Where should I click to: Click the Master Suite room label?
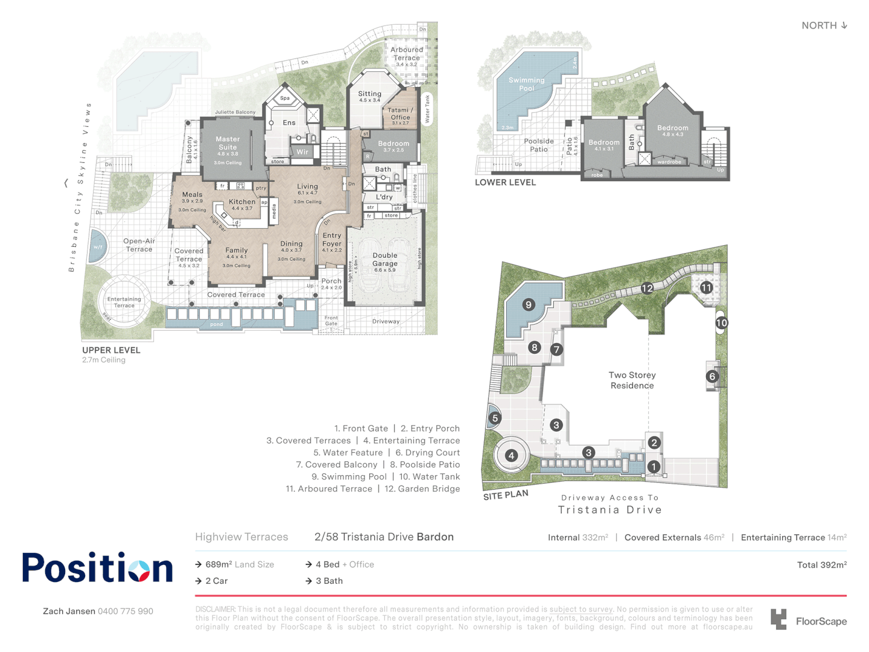tap(228, 143)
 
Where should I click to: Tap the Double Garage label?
tap(385, 259)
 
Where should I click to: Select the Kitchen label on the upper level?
tap(242, 202)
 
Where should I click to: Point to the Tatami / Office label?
tap(400, 113)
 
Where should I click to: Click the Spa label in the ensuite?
tap(285, 98)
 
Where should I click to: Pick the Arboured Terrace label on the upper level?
tap(407, 54)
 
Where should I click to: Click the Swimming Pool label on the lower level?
tap(526, 84)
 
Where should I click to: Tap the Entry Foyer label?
tap(331, 240)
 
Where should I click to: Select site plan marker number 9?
tap(529, 305)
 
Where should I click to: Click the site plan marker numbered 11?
tap(706, 288)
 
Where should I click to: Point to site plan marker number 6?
tap(712, 377)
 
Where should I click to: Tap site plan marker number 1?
tap(653, 467)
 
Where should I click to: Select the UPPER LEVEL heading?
tap(111, 350)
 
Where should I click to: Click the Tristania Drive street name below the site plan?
tap(610, 510)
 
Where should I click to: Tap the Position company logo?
tap(98, 567)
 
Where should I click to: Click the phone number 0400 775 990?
tap(126, 611)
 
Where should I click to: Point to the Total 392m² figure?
tap(821, 565)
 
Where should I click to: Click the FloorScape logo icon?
tap(778, 619)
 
